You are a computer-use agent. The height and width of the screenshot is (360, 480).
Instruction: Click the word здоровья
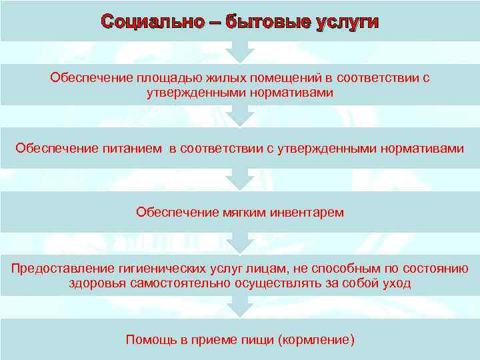coord(95,283)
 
